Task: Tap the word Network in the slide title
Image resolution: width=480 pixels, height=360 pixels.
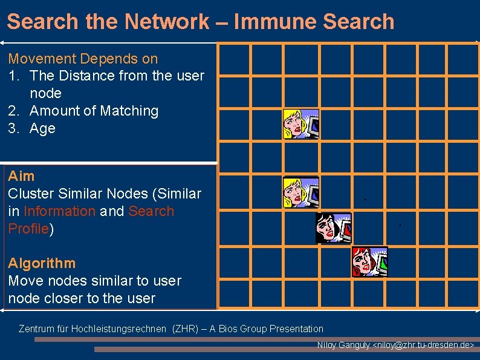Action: point(166,22)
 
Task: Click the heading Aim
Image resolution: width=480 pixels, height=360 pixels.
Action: point(21,176)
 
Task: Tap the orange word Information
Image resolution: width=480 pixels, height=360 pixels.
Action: point(59,211)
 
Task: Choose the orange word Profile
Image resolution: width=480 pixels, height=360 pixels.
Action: point(28,229)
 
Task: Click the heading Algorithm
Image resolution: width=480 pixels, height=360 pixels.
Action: point(42,263)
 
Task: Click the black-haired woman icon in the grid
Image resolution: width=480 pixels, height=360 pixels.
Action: point(333,228)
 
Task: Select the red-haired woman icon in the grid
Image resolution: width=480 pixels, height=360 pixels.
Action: point(369,261)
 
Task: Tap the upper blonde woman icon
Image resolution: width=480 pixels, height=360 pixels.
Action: point(301,124)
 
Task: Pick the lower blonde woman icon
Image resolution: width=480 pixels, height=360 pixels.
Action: point(301,192)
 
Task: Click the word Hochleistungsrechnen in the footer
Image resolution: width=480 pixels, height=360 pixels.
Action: point(118,329)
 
